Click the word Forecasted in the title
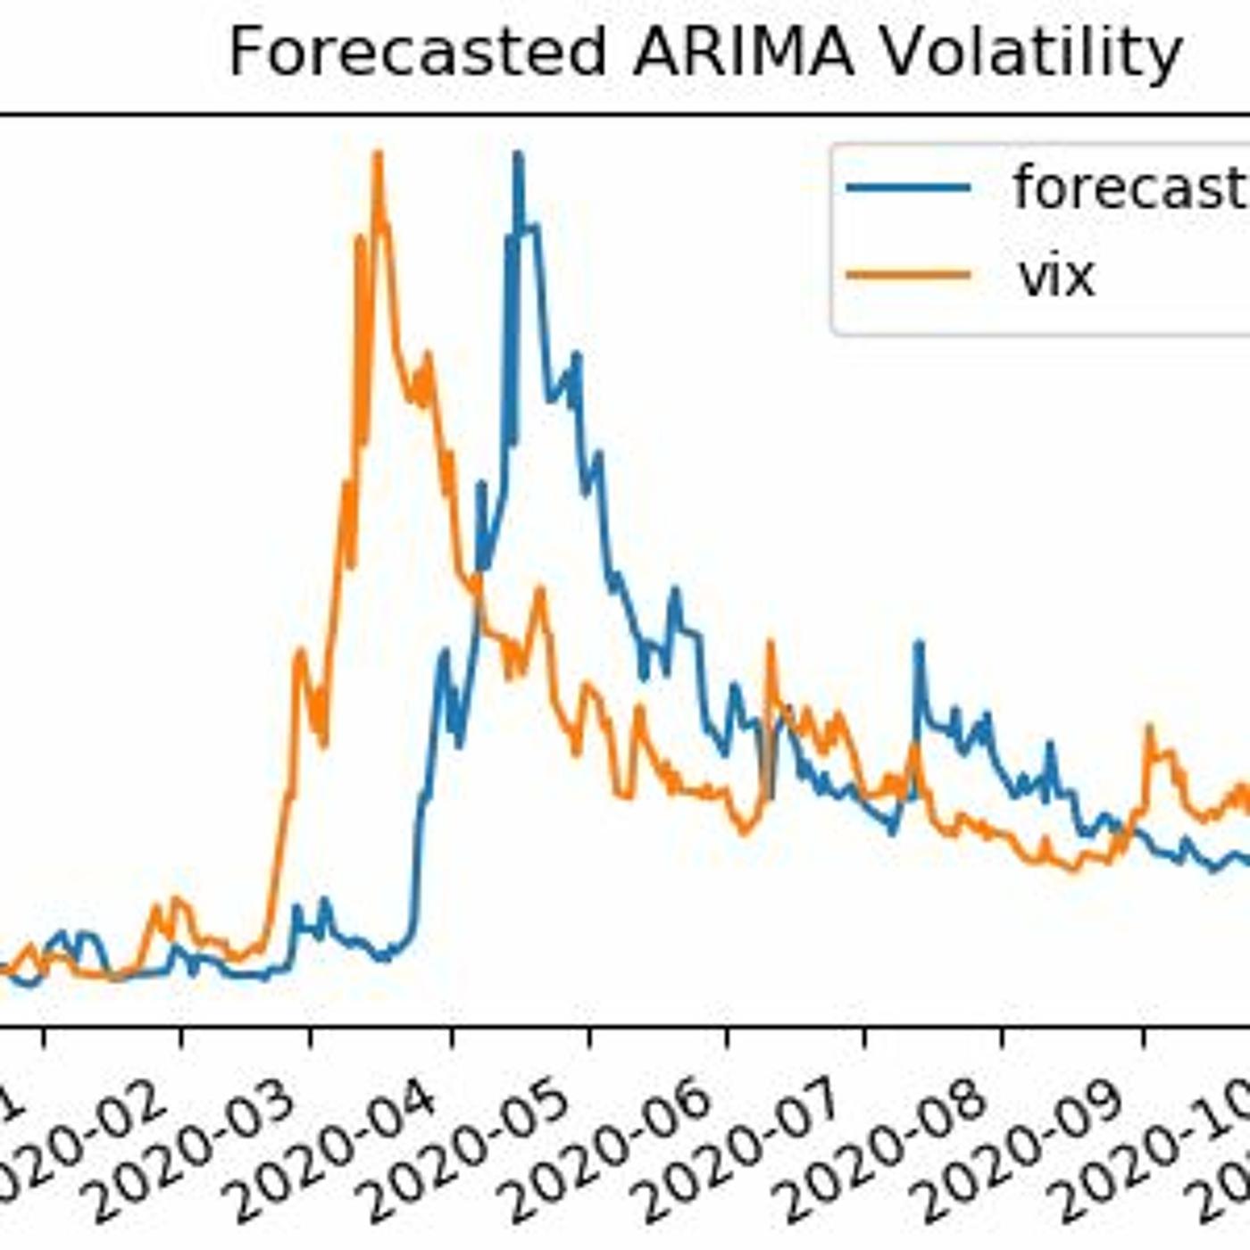pos(418,54)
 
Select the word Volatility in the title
pos(1031,54)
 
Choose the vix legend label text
pos(1056,276)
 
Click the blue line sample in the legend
pos(908,187)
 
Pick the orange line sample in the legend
pos(908,275)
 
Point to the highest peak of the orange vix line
pos(378,154)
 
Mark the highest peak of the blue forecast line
pos(518,155)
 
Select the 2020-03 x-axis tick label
pos(220,1147)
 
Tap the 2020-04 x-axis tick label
pos(361,1147)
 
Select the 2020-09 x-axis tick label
pos(1050,1147)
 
